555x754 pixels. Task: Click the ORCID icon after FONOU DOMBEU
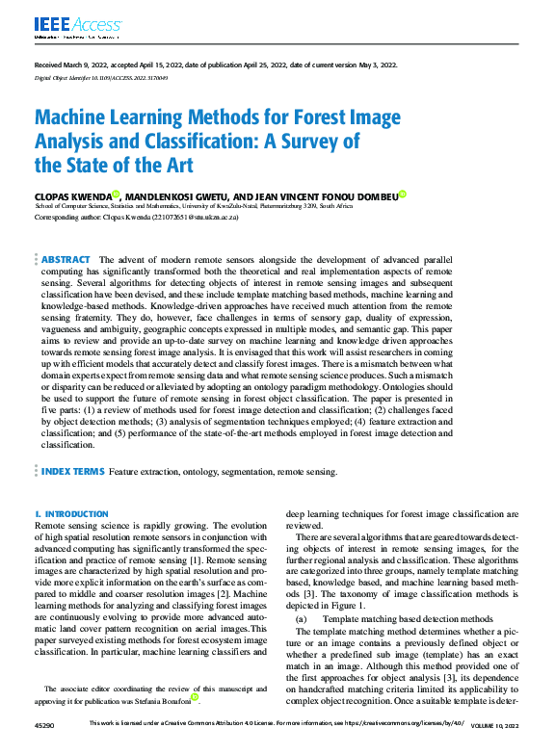click(x=403, y=195)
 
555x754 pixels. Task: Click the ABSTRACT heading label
click(x=66, y=260)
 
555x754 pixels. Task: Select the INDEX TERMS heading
click(x=71, y=472)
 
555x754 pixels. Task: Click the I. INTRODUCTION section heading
click(x=71, y=514)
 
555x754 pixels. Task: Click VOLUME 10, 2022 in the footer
click(x=493, y=747)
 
